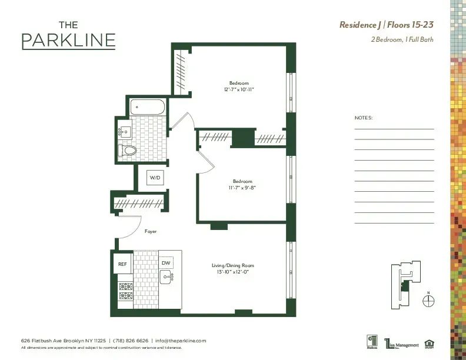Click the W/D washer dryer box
pyautogui.click(x=155, y=177)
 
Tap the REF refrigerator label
pyautogui.click(x=122, y=264)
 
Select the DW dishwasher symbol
pyautogui.click(x=166, y=263)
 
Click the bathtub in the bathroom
pyautogui.click(x=148, y=106)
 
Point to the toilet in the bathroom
pyautogui.click(x=128, y=151)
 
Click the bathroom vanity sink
pyautogui.click(x=125, y=131)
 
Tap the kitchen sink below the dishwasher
pyautogui.click(x=166, y=277)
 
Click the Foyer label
pyautogui.click(x=151, y=232)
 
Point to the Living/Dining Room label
pyautogui.click(x=233, y=266)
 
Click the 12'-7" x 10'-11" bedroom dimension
pyautogui.click(x=239, y=89)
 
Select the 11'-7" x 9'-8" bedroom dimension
pyautogui.click(x=242, y=187)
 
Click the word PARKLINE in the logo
pyautogui.click(x=68, y=41)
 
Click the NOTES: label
pyautogui.click(x=364, y=118)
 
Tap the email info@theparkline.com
pyautogui.click(x=181, y=341)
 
